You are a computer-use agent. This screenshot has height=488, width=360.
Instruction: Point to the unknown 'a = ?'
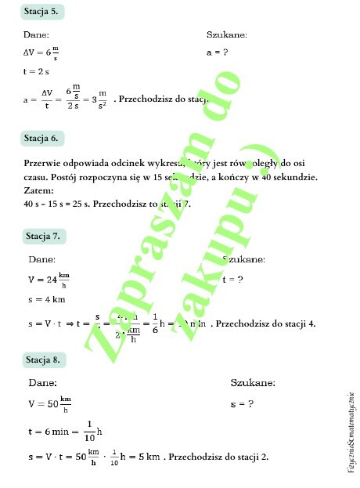tap(217, 52)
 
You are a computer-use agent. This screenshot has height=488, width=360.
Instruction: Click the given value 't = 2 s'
tap(36, 71)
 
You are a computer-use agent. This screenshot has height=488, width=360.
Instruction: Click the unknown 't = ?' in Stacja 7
tap(233, 279)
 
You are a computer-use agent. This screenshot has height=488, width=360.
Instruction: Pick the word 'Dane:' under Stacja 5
tap(37, 34)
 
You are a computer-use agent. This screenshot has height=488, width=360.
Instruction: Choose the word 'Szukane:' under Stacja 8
tap(253, 384)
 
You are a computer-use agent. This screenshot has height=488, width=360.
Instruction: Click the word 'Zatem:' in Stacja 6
tap(39, 190)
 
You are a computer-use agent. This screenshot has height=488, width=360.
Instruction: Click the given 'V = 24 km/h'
tap(49, 279)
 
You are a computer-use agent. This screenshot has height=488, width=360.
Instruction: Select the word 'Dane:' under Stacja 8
tap(43, 384)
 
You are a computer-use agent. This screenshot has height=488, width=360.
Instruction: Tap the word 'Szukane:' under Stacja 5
tap(227, 34)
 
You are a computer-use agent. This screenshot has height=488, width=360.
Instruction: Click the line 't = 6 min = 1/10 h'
tap(66, 430)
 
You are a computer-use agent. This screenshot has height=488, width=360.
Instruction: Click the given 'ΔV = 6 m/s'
tap(41, 52)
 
